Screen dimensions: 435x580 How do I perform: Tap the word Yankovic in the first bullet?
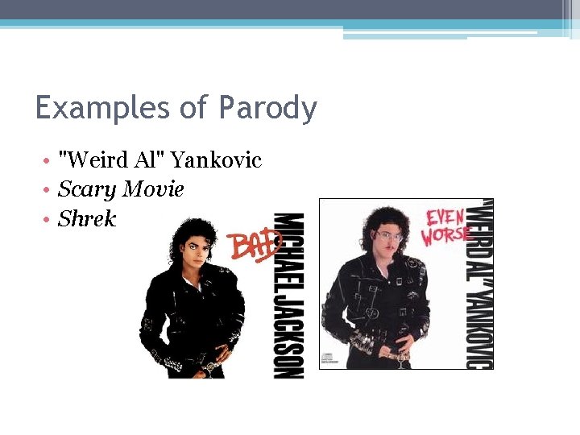(217, 160)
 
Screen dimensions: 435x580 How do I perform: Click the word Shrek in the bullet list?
(87, 219)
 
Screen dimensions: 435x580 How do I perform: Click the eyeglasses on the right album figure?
(389, 236)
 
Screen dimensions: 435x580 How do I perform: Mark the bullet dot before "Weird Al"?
(50, 161)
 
